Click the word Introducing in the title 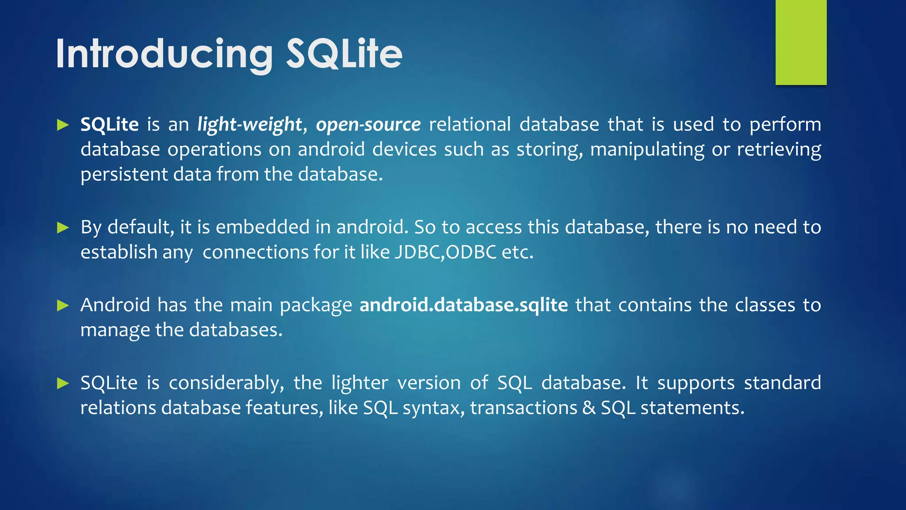click(x=164, y=54)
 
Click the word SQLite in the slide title click(x=344, y=54)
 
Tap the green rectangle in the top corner click(x=801, y=42)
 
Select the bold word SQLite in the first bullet click(x=109, y=124)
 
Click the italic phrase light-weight click(x=250, y=125)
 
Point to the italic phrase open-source click(x=368, y=125)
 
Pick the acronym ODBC click(x=471, y=252)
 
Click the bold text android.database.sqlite click(x=464, y=305)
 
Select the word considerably click(x=226, y=383)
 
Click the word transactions click(x=523, y=408)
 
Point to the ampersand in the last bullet click(x=589, y=408)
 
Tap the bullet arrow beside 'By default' click(x=63, y=228)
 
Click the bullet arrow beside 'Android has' click(x=63, y=305)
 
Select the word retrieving click(x=779, y=150)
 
